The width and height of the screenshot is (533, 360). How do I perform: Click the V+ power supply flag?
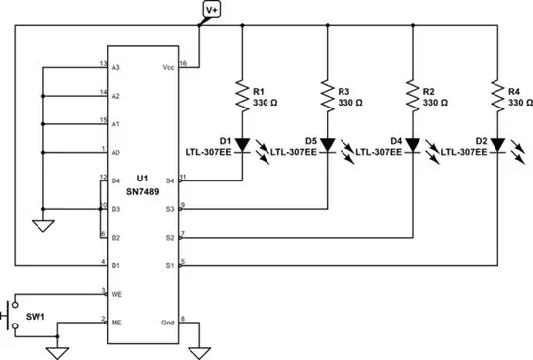coord(213,10)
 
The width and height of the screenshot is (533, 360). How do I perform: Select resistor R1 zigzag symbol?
coord(241,96)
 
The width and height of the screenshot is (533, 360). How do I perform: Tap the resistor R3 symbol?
coord(327,96)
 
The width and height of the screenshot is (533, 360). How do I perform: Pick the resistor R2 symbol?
coord(412,96)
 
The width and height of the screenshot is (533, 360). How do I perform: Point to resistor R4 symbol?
coord(496,96)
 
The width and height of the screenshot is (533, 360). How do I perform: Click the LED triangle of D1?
coord(241,143)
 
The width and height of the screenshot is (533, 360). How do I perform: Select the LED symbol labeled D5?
coord(327,143)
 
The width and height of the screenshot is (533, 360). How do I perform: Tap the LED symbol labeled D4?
coord(412,143)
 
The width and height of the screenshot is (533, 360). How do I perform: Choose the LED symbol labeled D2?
coord(496,143)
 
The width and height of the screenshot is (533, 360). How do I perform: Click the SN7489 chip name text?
coord(143,190)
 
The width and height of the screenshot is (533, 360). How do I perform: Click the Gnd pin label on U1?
coord(169,322)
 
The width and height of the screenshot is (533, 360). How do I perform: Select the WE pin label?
coord(115,294)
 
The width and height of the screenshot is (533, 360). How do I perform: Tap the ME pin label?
coord(115,322)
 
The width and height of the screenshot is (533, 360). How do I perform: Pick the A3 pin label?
coord(115,68)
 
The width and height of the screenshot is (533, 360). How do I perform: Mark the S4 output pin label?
coord(170,180)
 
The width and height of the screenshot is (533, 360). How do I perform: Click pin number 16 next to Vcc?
coord(184,62)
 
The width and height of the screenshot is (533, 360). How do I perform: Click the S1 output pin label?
coord(170,265)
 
